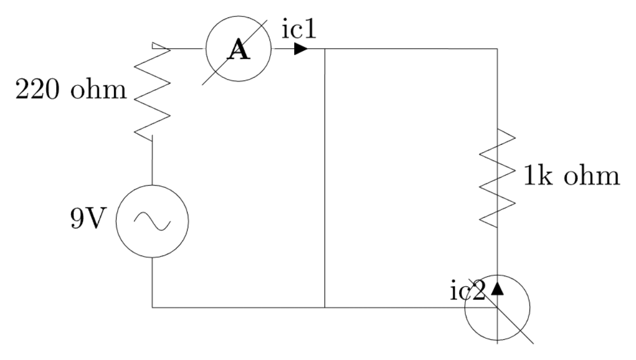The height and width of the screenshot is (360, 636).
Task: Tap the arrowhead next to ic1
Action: tap(301, 49)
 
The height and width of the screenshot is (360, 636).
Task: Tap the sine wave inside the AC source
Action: tap(152, 221)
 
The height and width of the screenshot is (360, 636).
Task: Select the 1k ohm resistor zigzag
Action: tap(497, 178)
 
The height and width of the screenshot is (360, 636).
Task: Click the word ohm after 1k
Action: tap(591, 177)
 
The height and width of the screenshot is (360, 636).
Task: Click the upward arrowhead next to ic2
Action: tap(497, 288)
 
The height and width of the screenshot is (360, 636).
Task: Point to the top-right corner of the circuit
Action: tap(497, 49)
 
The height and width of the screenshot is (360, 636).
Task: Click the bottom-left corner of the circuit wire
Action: tap(153, 307)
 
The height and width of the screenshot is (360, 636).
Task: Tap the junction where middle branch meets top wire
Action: tap(324, 49)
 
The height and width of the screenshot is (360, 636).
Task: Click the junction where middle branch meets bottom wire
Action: tap(324, 307)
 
